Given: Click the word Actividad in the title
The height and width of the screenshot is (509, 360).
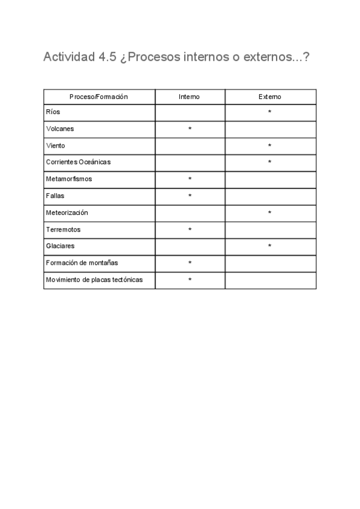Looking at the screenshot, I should (x=67, y=58).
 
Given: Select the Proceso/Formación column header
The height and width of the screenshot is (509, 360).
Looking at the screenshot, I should (x=99, y=97).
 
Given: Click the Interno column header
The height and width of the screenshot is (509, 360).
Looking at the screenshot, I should (x=190, y=97).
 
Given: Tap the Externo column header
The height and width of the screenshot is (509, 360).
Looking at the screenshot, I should (x=270, y=97).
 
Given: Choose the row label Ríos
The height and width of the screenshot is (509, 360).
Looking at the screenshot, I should (x=53, y=112).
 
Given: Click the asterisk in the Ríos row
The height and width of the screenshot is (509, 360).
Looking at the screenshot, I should (x=270, y=112).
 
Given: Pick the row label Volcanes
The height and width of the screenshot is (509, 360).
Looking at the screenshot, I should (x=60, y=128).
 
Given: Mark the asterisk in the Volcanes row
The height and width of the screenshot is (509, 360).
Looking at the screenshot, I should (x=190, y=129).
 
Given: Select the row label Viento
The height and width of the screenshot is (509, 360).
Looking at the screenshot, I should (x=55, y=145).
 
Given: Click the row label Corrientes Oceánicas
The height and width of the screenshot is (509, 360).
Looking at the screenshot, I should (x=79, y=162).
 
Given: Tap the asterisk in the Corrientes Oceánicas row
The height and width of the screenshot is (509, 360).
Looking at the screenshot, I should (x=270, y=163).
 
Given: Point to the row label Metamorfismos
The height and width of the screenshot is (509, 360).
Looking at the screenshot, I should (x=69, y=179).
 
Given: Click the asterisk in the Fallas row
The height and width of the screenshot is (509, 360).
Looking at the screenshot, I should (x=190, y=196).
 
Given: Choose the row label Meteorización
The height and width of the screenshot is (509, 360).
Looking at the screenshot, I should (x=67, y=212).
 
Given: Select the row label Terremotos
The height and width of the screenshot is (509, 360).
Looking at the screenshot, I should (x=63, y=229).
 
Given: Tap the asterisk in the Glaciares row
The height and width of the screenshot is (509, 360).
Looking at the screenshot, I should (x=270, y=247).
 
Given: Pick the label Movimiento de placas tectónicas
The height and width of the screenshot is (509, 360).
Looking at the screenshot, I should (x=94, y=280).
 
